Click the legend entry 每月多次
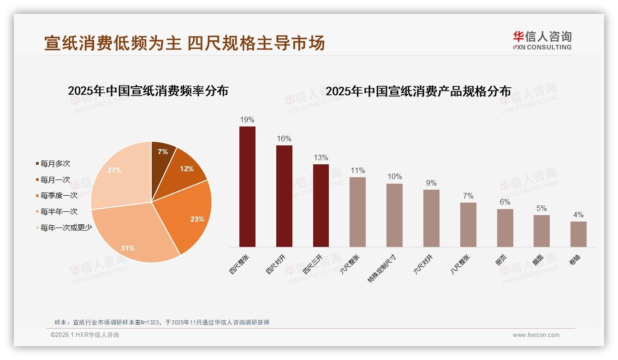point(55,163)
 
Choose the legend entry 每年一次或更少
point(66,227)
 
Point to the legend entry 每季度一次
point(59,195)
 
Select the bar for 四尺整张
point(247,186)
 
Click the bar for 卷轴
point(578,234)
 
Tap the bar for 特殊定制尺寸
point(394,215)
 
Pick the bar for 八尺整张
point(468,224)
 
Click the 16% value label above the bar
point(284,138)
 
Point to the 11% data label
point(357,170)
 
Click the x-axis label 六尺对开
point(423,264)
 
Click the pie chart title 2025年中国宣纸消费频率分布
point(148,90)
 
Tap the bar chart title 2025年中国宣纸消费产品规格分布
point(418,91)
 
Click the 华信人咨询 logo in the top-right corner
point(542,40)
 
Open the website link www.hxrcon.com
point(536,335)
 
